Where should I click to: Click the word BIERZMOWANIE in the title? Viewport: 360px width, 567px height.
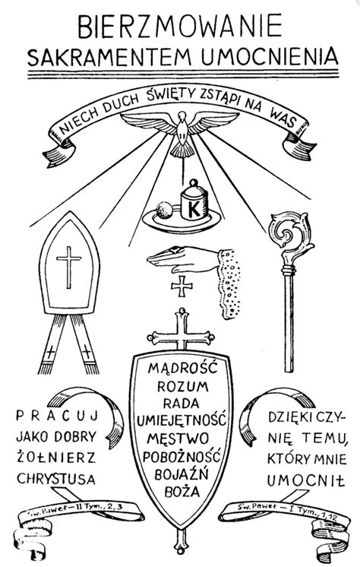pyautogui.click(x=180, y=27)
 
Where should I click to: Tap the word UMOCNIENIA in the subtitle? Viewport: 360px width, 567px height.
pyautogui.click(x=270, y=57)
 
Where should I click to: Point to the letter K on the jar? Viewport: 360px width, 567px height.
pyautogui.click(x=194, y=209)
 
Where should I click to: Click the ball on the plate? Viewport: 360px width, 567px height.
pyautogui.click(x=164, y=210)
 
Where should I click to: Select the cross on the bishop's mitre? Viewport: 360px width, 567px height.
pyautogui.click(x=68, y=267)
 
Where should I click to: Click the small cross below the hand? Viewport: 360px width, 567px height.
pyautogui.click(x=182, y=286)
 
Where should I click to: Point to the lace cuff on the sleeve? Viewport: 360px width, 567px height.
pyautogui.click(x=229, y=283)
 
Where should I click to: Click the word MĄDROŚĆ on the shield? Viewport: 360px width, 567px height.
pyautogui.click(x=182, y=368)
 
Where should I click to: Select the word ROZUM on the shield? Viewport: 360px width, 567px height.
pyautogui.click(x=183, y=386)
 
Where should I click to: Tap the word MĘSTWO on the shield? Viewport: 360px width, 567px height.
pyautogui.click(x=178, y=439)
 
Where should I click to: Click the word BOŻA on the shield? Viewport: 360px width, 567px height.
pyautogui.click(x=182, y=491)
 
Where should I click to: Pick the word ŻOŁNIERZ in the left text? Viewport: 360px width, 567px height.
pyautogui.click(x=56, y=457)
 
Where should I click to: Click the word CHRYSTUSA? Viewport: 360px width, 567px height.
pyautogui.click(x=56, y=478)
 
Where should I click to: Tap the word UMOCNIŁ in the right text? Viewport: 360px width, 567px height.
pyautogui.click(x=306, y=480)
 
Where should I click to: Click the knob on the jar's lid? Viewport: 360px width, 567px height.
pyautogui.click(x=194, y=182)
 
